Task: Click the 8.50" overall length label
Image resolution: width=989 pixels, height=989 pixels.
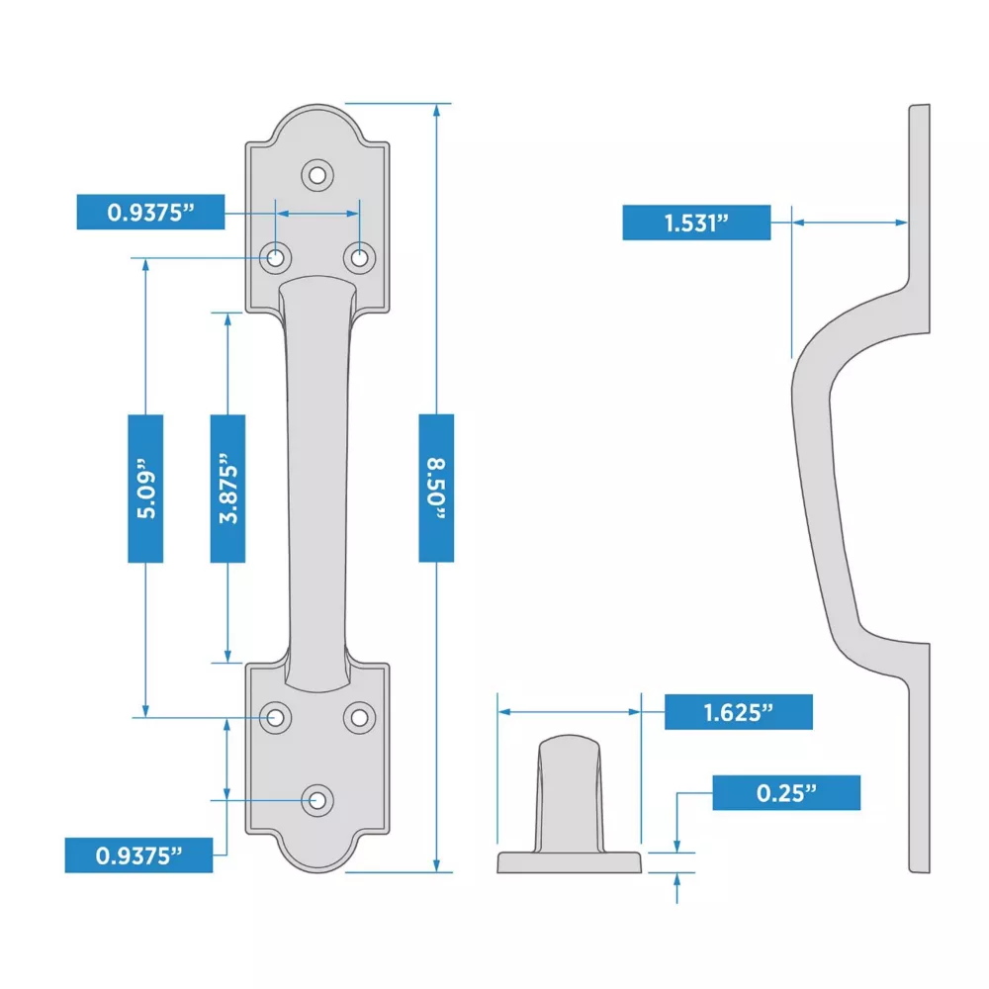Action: pos(436,489)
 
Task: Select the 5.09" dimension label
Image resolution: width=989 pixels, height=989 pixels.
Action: pos(145,489)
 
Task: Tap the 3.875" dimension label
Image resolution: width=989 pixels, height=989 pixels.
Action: pos(227,489)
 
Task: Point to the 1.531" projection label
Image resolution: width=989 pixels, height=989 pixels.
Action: pos(696,223)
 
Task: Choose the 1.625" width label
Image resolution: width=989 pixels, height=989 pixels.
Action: pos(739,712)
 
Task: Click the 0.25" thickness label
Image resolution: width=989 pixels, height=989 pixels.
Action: pos(786,793)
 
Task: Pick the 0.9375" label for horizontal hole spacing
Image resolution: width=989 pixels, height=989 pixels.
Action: pos(150,212)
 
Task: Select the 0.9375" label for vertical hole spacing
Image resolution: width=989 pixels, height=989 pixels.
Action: pos(138,855)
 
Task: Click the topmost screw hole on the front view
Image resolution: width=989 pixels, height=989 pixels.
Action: pos(317,175)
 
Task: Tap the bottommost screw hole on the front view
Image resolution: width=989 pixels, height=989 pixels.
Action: pos(317,800)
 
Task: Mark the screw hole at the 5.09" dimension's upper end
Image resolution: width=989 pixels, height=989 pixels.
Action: pos(276,258)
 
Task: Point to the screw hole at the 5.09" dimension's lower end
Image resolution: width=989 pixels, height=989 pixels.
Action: pos(276,717)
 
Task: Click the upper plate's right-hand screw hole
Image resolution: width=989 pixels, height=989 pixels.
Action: pos(360,258)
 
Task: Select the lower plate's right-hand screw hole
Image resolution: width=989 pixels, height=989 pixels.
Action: pos(360,717)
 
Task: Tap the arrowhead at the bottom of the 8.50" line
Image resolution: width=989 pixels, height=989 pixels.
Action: pos(436,865)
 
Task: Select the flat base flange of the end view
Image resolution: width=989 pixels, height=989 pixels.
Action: pos(570,862)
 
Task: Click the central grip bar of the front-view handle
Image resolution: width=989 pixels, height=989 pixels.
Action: pos(317,486)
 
